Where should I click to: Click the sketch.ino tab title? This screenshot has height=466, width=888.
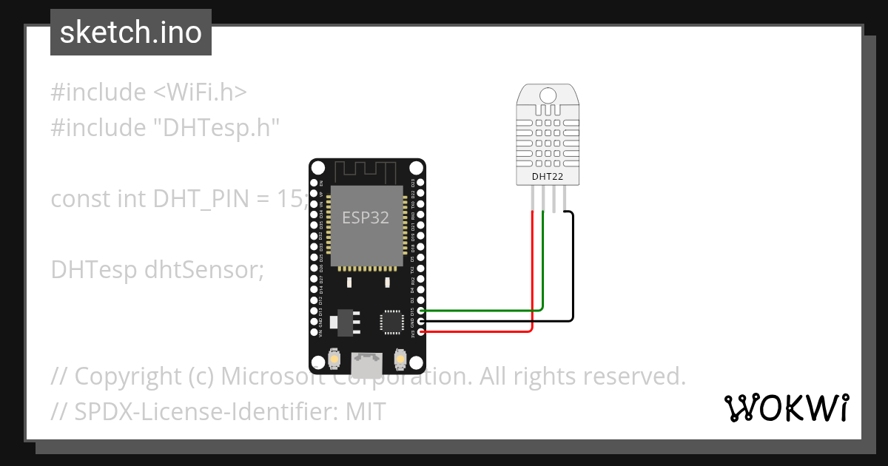(130, 33)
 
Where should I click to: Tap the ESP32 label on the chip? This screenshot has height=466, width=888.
(365, 217)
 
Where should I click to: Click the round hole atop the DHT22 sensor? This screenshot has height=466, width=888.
(548, 95)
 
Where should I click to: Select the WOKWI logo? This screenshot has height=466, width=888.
(786, 408)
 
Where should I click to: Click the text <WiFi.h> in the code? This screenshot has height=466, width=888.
(200, 92)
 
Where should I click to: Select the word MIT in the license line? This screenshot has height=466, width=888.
(366, 411)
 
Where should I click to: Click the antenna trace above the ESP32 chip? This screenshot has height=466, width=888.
(366, 172)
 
